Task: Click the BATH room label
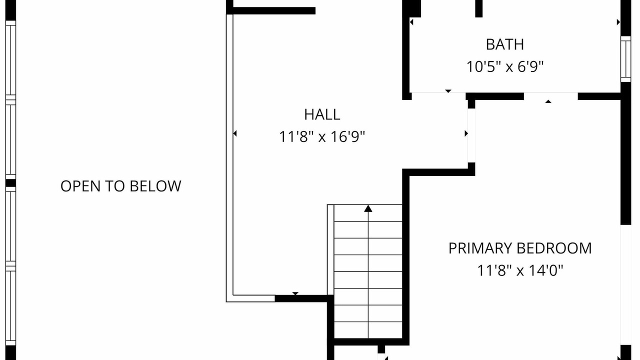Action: [505, 44]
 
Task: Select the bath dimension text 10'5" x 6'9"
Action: [505, 67]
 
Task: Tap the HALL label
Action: [322, 114]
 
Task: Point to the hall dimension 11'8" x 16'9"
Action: [322, 136]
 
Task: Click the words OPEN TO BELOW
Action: [121, 186]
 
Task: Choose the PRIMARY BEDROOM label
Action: [520, 248]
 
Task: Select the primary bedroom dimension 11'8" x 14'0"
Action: [520, 270]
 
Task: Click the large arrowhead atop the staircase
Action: [368, 208]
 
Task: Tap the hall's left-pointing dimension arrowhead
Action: [235, 133]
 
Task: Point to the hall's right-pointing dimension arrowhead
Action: [466, 133]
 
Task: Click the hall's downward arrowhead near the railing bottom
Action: [295, 293]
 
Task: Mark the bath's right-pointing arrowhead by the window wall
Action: [618, 22]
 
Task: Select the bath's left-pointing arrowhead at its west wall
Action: [411, 22]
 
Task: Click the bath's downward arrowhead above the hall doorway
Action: [448, 91]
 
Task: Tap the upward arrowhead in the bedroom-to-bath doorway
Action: [548, 101]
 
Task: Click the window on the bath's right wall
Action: [625, 59]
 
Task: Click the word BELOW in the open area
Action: [155, 186]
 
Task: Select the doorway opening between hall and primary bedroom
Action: [471, 135]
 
